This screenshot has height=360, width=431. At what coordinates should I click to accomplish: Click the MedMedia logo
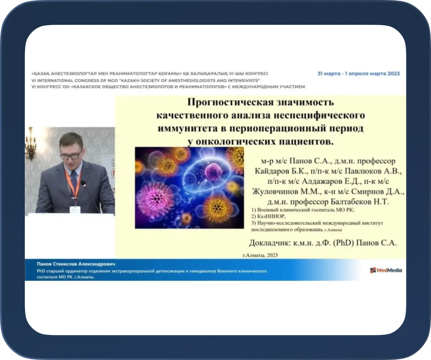[x=386, y=270]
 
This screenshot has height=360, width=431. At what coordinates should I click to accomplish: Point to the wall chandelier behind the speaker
[x=30, y=144]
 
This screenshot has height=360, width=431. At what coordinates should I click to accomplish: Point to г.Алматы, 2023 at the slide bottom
[x=260, y=255]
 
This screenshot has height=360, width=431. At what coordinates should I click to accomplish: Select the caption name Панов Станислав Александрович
[x=76, y=264]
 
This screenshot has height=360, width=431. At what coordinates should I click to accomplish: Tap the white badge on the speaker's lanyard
[x=75, y=209]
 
